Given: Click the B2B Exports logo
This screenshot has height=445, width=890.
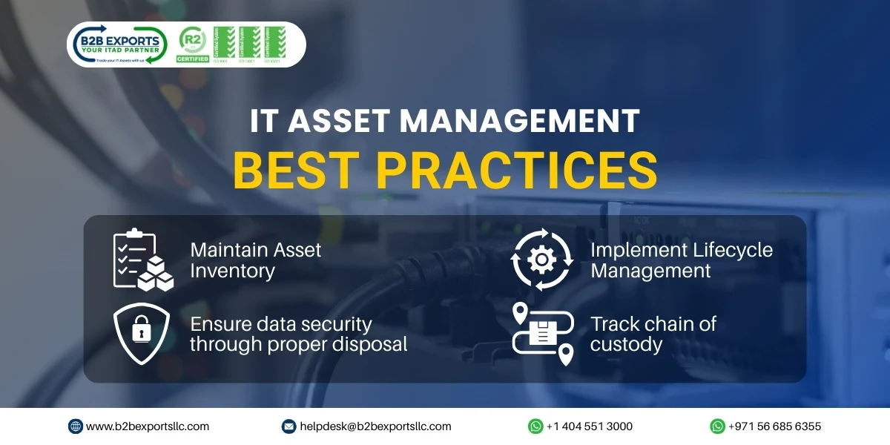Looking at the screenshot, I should [119, 44].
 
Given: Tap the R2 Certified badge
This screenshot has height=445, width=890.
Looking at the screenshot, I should [192, 44].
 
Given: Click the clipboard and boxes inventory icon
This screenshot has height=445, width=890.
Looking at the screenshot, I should [142, 260].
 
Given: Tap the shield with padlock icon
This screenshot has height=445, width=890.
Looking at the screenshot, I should [141, 334].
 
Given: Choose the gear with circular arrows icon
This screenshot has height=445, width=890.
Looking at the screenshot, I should [541, 259].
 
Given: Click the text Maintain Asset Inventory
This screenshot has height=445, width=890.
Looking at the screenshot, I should [256, 260].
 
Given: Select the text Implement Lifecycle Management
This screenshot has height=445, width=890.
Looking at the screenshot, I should [681, 260].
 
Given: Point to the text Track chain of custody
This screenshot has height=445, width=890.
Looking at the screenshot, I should [653, 334].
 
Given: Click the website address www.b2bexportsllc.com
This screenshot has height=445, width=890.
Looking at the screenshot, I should [148, 426].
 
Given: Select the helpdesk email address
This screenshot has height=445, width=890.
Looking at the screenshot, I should [375, 426].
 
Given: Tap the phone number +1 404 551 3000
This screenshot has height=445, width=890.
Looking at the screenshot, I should [589, 426].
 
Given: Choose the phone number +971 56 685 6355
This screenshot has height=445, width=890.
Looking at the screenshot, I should [774, 426].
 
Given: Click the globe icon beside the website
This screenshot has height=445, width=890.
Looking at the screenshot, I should [76, 426].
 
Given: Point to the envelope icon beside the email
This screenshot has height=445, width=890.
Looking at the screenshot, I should [289, 426].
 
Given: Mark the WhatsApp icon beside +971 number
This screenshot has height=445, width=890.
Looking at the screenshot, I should [717, 426].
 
